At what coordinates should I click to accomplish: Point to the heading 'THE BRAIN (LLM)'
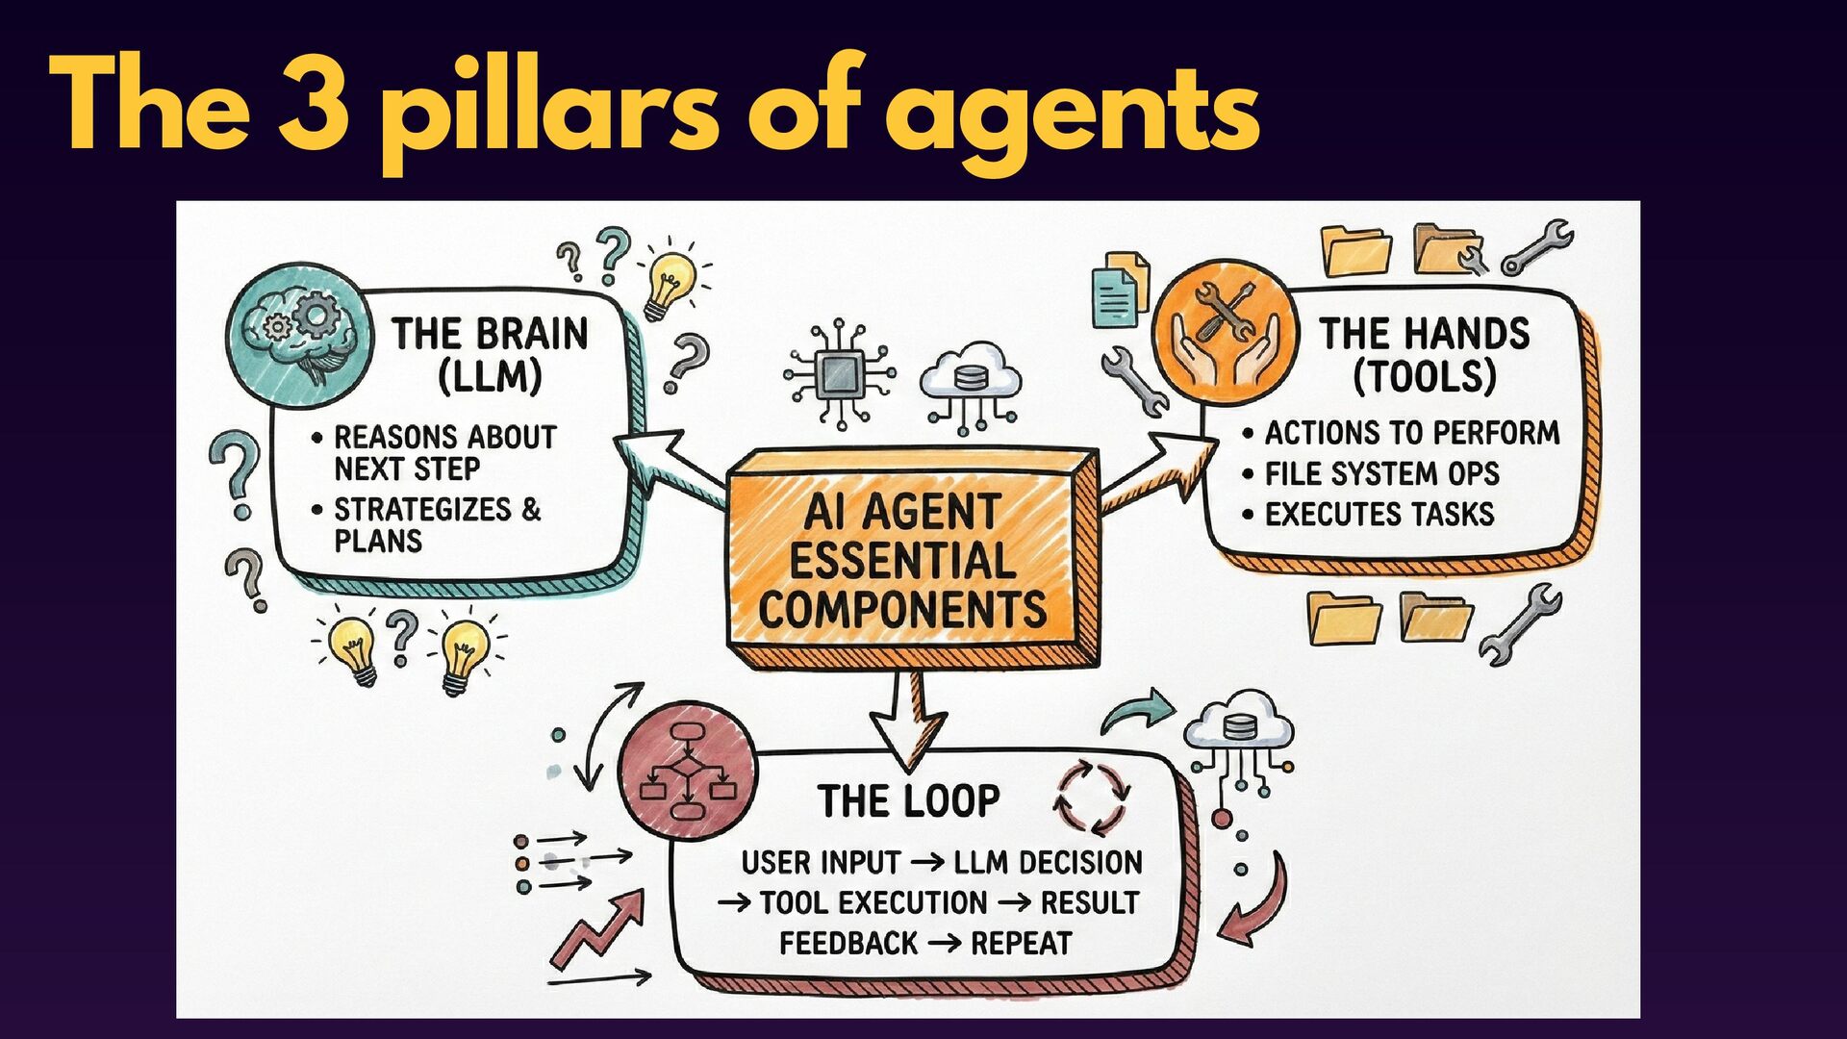click(x=490, y=355)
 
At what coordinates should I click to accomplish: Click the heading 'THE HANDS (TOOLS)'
click(x=1424, y=355)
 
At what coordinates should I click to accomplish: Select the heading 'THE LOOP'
click(x=908, y=801)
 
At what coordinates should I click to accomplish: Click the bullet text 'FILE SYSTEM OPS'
click(x=1381, y=473)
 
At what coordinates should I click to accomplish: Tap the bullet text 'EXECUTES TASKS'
click(x=1379, y=514)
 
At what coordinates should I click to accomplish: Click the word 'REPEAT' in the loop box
click(x=1021, y=943)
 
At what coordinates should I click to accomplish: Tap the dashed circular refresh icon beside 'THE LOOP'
click(x=1092, y=797)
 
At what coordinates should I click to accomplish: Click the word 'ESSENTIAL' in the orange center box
click(x=902, y=561)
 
